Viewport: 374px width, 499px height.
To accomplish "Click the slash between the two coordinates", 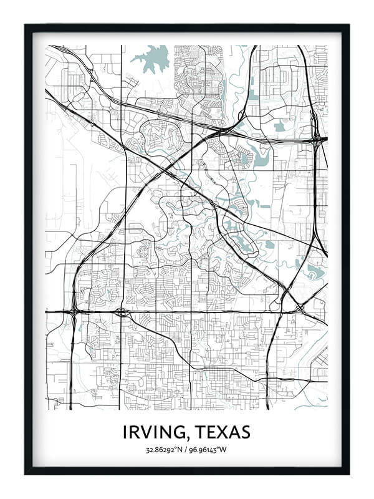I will [x=186, y=450].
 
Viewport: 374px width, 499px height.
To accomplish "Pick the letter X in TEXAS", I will [x=221, y=432].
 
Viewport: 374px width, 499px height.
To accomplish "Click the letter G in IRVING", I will [x=176, y=432].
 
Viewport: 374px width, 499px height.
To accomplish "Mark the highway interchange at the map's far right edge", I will [x=317, y=138].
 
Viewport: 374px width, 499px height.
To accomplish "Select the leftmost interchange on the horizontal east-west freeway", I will [x=74, y=311].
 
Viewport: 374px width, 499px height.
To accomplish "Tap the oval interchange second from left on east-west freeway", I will [x=121, y=311].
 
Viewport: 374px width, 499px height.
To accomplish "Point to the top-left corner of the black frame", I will [x=26, y=26].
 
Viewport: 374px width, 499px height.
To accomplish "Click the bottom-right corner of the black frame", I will [x=348, y=474].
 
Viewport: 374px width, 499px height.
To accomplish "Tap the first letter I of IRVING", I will [x=125, y=432].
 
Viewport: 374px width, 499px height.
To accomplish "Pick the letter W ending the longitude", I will [x=226, y=450].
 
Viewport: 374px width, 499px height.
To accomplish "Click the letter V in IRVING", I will [x=148, y=432].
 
